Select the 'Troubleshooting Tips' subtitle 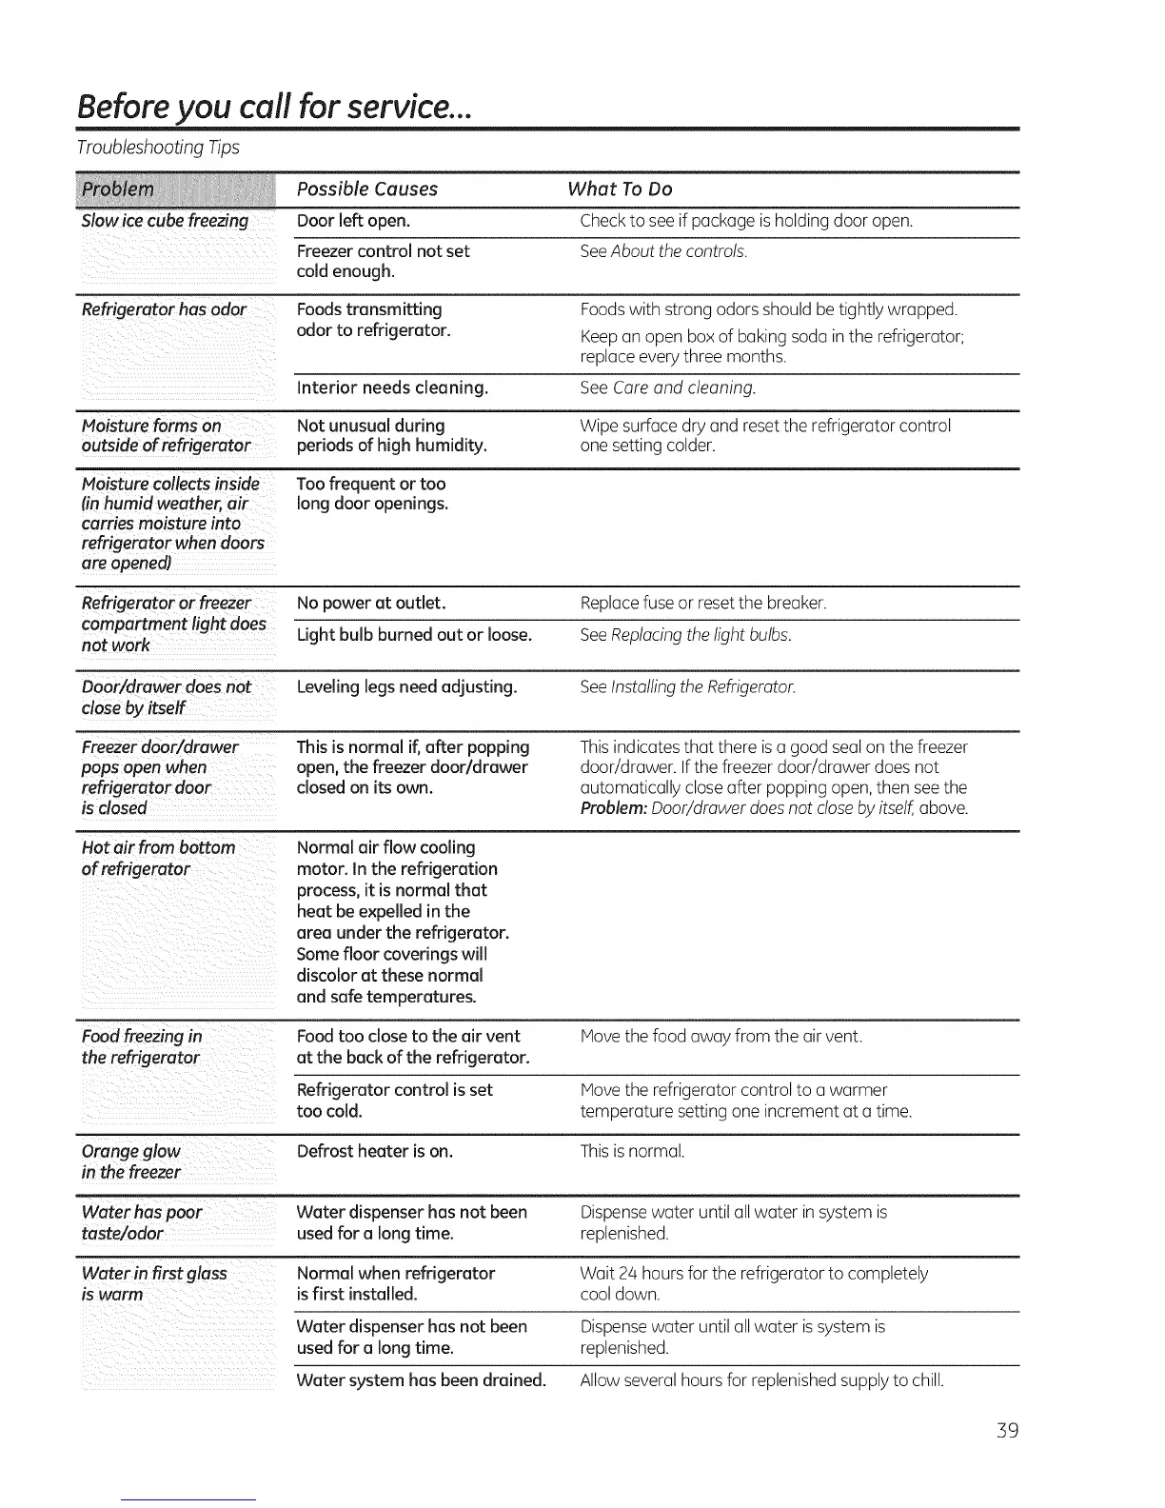(159, 148)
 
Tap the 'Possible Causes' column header (367, 188)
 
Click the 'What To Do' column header (620, 188)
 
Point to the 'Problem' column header (118, 188)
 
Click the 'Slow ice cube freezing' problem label (165, 221)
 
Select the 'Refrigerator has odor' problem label (164, 309)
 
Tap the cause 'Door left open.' (354, 221)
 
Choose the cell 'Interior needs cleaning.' (393, 387)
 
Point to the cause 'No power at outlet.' (371, 603)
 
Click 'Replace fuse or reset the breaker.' (703, 603)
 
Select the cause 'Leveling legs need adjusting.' (407, 686)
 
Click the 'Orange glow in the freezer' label (131, 1161)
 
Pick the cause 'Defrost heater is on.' (375, 1151)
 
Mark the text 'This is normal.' (632, 1151)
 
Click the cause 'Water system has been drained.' (422, 1379)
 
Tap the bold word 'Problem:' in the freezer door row (614, 808)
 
